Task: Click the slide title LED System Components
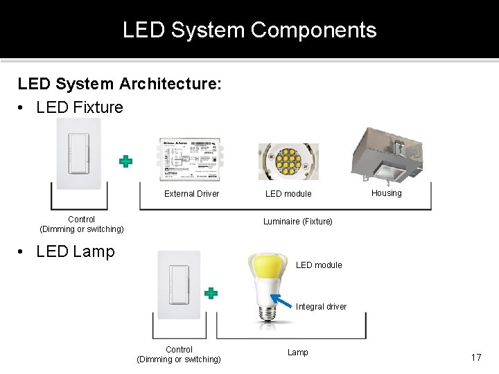click(x=249, y=30)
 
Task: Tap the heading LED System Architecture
click(x=120, y=84)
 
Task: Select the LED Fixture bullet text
click(x=79, y=107)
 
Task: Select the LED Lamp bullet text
click(x=75, y=251)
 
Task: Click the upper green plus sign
click(x=125, y=161)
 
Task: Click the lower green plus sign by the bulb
click(x=211, y=293)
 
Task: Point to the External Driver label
click(x=191, y=194)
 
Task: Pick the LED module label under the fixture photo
click(x=288, y=194)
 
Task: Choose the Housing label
click(x=386, y=193)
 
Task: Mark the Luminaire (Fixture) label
click(x=297, y=222)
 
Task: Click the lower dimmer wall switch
click(x=179, y=285)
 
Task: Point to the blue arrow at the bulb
click(x=281, y=301)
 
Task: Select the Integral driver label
click(x=321, y=307)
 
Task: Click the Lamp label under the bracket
click(x=298, y=353)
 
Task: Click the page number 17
click(x=475, y=357)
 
